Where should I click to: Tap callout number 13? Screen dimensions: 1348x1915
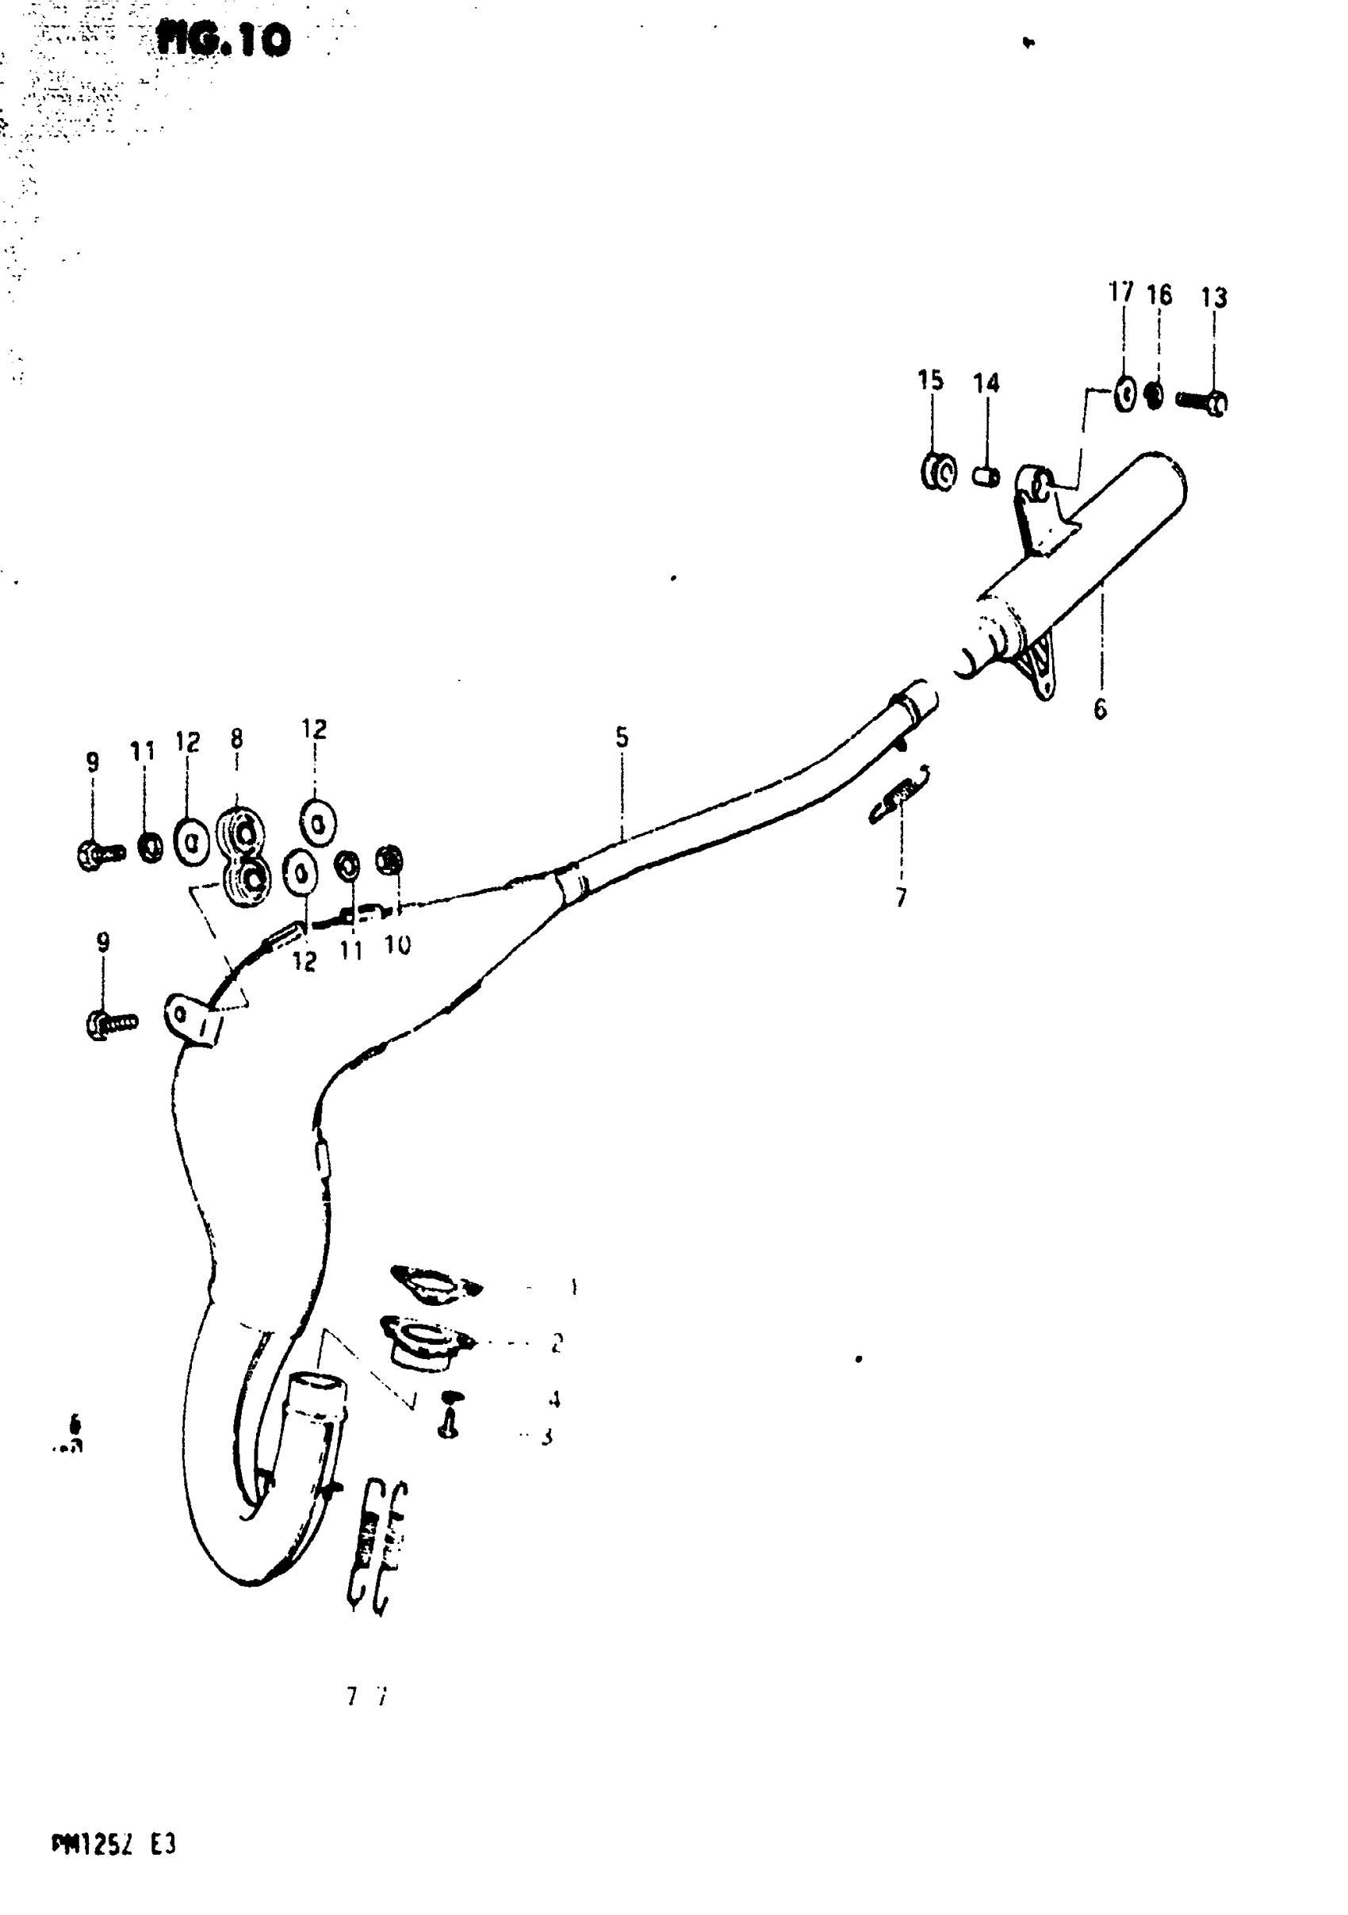[x=1214, y=298]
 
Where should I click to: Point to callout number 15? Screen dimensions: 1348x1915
[x=930, y=381]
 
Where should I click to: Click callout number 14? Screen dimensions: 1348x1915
[x=986, y=384]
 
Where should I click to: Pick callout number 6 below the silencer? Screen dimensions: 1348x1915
[x=1101, y=710]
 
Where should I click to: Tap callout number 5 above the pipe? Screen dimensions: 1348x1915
[x=622, y=737]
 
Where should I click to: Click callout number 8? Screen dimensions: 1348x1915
[x=237, y=739]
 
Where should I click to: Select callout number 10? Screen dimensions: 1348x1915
[x=397, y=945]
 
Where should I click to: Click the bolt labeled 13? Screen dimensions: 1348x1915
[x=1202, y=402]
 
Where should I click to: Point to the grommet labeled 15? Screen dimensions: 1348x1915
[x=938, y=472]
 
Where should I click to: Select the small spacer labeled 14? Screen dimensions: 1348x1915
[x=986, y=477]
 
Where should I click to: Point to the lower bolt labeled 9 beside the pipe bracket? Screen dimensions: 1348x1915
[x=110, y=1023]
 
